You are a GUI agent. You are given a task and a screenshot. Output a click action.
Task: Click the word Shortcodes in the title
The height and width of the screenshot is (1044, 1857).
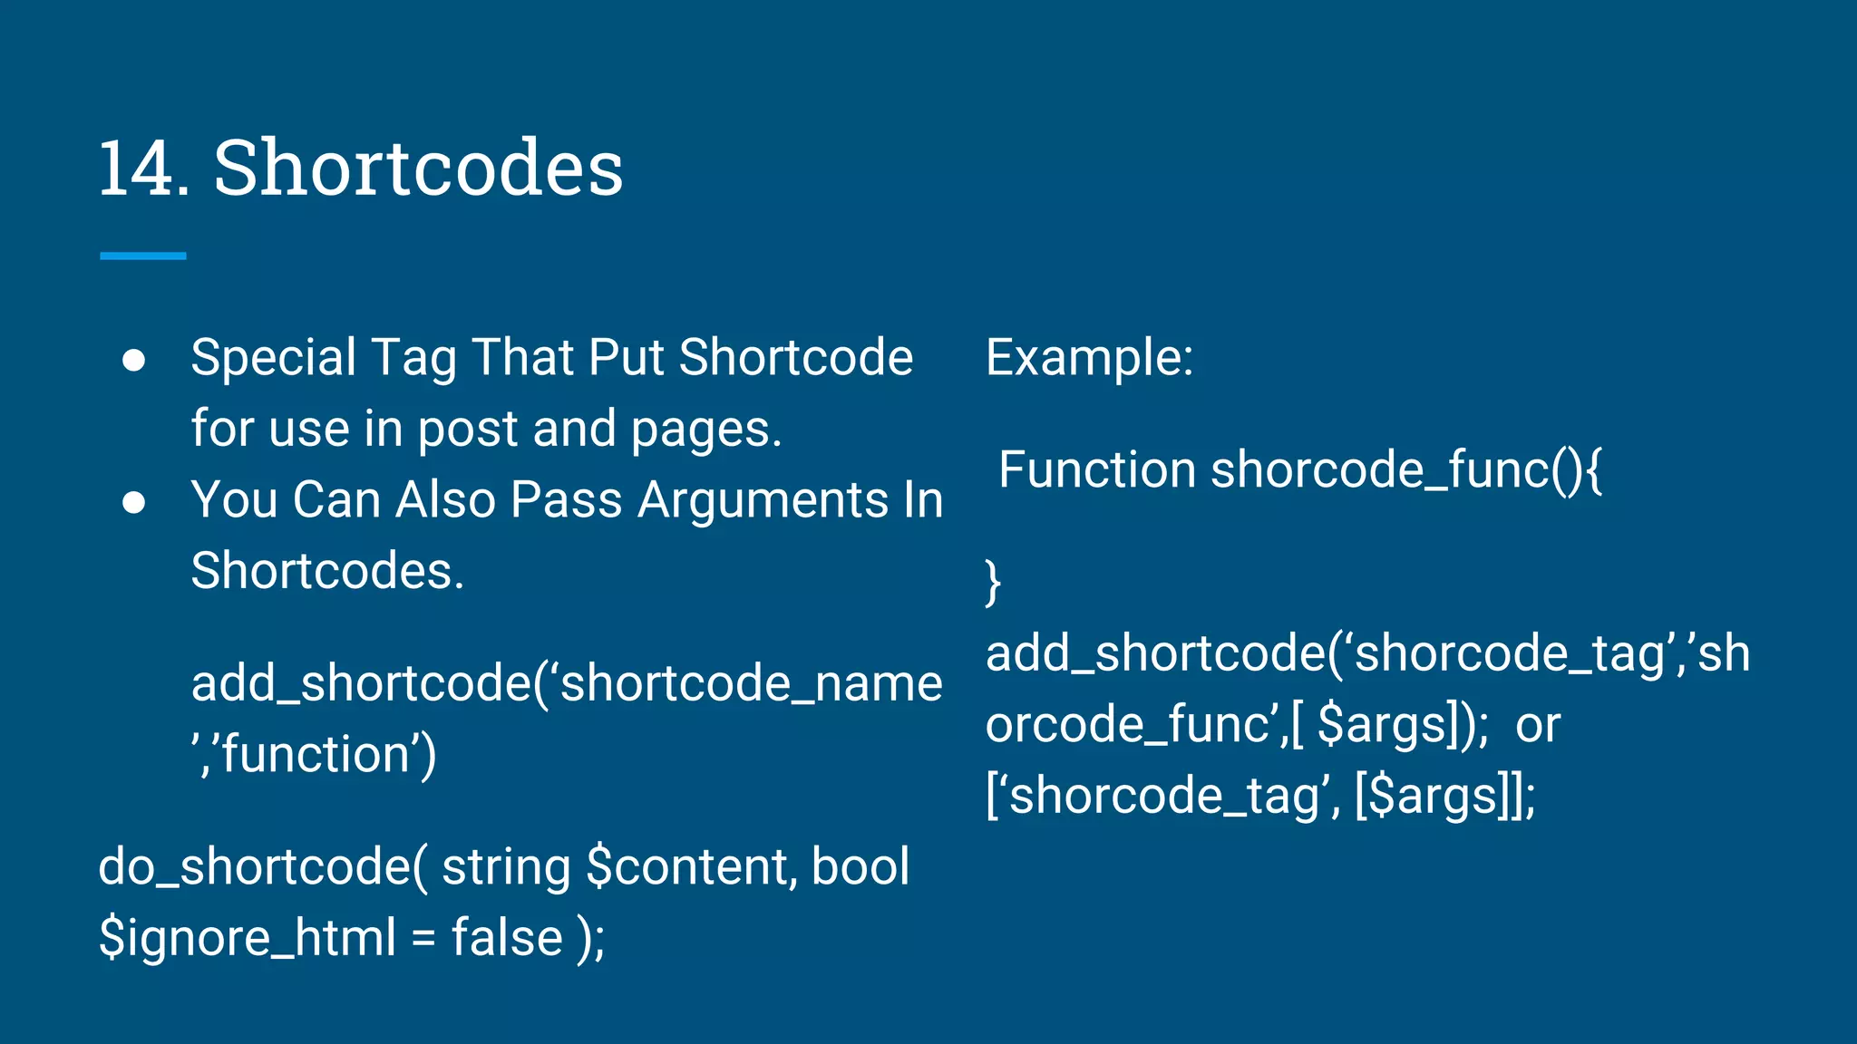418,169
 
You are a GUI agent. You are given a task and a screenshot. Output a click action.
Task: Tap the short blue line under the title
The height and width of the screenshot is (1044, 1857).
142,256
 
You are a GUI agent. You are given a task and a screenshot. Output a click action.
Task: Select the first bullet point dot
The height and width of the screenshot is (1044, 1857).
134,360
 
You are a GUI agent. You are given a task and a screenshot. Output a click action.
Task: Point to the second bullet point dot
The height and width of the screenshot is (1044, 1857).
134,502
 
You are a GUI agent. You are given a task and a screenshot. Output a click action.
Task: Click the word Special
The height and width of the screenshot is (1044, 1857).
273,358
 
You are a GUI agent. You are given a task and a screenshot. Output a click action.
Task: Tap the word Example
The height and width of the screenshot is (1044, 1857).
1088,358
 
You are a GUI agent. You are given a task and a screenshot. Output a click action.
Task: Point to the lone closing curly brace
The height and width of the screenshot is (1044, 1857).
993,581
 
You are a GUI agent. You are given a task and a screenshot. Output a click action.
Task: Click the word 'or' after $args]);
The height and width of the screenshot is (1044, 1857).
1538,726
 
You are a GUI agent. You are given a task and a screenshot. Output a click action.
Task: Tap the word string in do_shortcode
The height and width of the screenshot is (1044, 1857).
506,867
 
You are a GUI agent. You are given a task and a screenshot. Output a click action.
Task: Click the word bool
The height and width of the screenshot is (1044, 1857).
860,867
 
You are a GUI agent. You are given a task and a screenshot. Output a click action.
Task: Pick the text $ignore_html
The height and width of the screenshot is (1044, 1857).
247,938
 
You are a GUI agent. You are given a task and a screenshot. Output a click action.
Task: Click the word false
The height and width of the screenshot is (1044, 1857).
507,938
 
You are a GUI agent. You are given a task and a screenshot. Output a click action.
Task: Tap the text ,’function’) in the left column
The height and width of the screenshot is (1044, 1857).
314,755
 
